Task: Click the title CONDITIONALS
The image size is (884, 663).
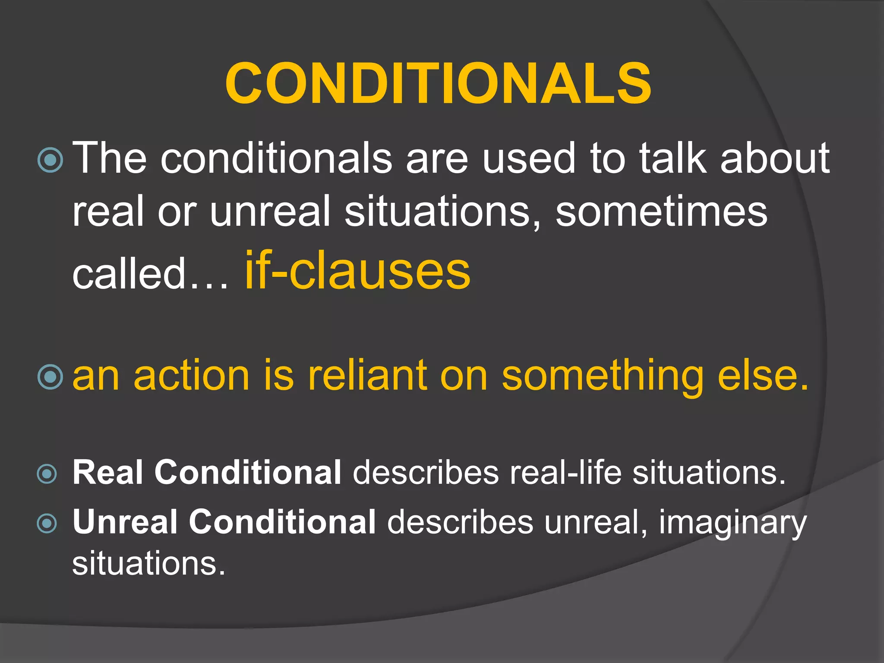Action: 438,83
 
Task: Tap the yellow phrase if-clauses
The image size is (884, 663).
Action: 357,271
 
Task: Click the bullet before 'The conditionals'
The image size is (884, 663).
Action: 51,160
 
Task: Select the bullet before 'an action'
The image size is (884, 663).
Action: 51,377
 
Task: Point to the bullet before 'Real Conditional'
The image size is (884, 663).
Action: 47,474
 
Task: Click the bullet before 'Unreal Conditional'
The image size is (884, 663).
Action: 47,524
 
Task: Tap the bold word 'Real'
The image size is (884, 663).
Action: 108,472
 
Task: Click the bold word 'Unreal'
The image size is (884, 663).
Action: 125,522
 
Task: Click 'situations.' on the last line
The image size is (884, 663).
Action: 149,563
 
